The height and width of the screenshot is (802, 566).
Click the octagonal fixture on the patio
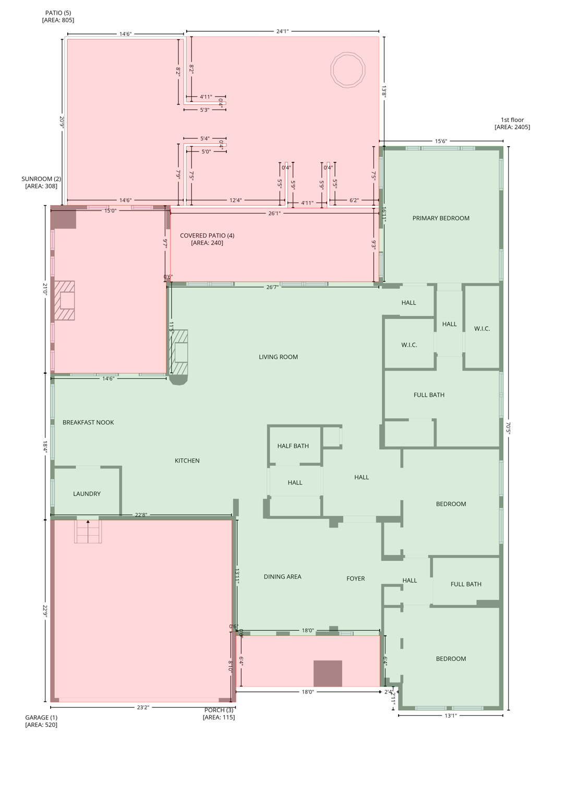click(x=348, y=69)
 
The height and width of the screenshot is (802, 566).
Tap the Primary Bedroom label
click(x=441, y=218)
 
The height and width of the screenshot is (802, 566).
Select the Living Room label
click(x=278, y=357)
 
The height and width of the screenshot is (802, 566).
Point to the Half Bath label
click(x=293, y=446)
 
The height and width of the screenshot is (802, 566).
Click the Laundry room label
click(x=87, y=494)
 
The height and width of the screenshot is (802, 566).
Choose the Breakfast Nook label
click(x=88, y=422)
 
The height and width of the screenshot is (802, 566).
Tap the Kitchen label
click(x=187, y=461)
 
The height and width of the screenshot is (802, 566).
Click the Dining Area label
click(x=282, y=577)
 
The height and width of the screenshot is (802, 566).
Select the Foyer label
click(x=355, y=579)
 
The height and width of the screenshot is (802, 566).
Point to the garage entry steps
click(x=88, y=532)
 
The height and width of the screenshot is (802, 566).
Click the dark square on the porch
click(x=328, y=674)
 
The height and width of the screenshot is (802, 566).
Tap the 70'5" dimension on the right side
click(x=508, y=428)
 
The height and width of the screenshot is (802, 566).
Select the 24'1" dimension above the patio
click(x=282, y=31)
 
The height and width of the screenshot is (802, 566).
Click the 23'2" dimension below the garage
click(x=143, y=707)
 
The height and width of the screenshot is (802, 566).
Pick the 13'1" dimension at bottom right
click(x=451, y=716)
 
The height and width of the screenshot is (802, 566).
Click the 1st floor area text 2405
click(x=512, y=127)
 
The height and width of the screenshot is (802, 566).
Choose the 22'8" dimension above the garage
click(x=141, y=515)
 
